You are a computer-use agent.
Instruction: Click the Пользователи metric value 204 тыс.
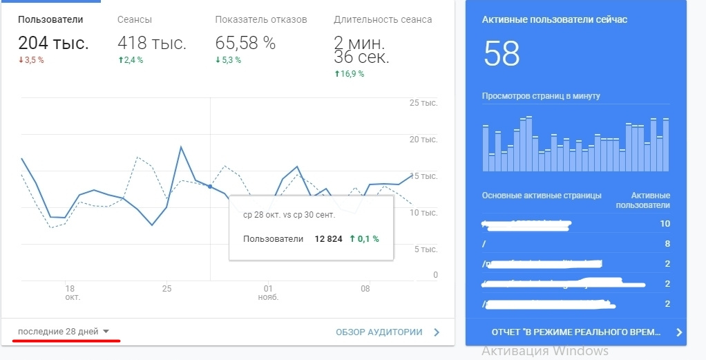[53, 44]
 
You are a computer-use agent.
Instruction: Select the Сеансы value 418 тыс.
[152, 44]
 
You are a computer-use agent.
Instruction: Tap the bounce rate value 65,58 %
[245, 44]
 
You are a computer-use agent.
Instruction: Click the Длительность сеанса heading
[383, 19]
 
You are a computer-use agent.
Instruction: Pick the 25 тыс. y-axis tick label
[423, 103]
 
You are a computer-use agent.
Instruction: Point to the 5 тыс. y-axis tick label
[426, 249]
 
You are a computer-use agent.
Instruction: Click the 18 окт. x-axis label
[69, 292]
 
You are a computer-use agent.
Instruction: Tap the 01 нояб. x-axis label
[268, 292]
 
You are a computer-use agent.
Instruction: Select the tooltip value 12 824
[329, 239]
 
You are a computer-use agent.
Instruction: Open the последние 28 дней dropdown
[64, 332]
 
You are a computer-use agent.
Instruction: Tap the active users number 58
[502, 54]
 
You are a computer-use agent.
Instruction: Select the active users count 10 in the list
[665, 224]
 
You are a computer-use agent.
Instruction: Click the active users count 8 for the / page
[667, 243]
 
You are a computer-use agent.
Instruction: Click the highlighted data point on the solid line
[210, 187]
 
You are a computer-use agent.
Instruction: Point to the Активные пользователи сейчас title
[554, 19]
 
